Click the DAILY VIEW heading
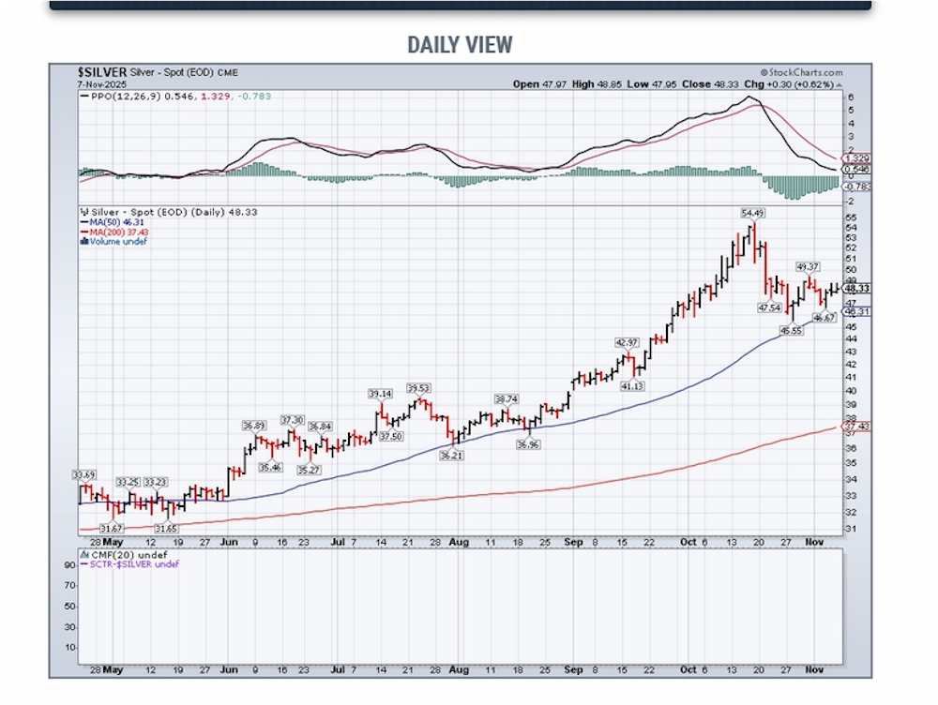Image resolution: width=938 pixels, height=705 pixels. pos(460,44)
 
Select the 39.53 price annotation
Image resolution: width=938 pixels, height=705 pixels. pos(418,387)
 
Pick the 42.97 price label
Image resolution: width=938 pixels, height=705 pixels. pos(626,342)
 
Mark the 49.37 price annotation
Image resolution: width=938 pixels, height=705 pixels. pos(809,267)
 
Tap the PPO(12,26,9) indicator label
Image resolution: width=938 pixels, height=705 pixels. pos(120,96)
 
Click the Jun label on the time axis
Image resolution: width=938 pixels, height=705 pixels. pos(228,542)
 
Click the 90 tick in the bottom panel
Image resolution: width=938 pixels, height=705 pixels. pos(68,565)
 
